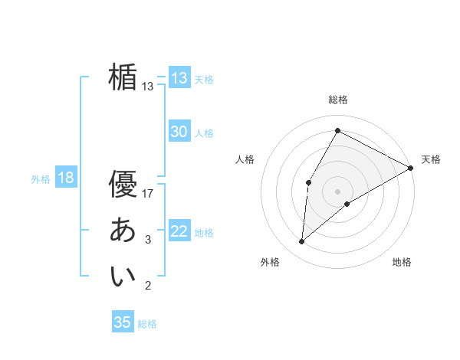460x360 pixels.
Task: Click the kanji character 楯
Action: pos(123,77)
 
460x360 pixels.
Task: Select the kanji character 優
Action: pos(123,184)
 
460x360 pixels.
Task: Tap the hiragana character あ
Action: pos(123,230)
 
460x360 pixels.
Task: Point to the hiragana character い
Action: pos(123,276)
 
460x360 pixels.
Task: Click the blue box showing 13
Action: pos(179,78)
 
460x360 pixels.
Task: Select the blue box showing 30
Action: pos(179,132)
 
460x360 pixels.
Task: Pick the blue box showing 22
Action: pos(179,231)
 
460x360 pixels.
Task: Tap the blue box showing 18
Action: pos(65,178)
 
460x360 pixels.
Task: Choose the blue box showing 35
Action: pos(123,322)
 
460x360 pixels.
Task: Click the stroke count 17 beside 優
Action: pos(148,194)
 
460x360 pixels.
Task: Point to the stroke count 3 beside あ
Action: pos(148,241)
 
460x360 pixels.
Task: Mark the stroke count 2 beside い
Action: pos(148,286)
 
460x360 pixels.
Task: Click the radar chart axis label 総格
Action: pos(338,100)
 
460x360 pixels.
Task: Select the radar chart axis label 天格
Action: pos(431,159)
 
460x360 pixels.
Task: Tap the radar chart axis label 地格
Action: pos(402,262)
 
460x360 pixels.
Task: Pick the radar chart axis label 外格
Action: pos(270,262)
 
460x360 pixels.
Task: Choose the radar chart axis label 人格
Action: pos(245,159)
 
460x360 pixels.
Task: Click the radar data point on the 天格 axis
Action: pos(411,168)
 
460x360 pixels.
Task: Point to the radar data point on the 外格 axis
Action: pos(302,242)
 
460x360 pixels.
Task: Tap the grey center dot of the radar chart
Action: pos(337,191)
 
